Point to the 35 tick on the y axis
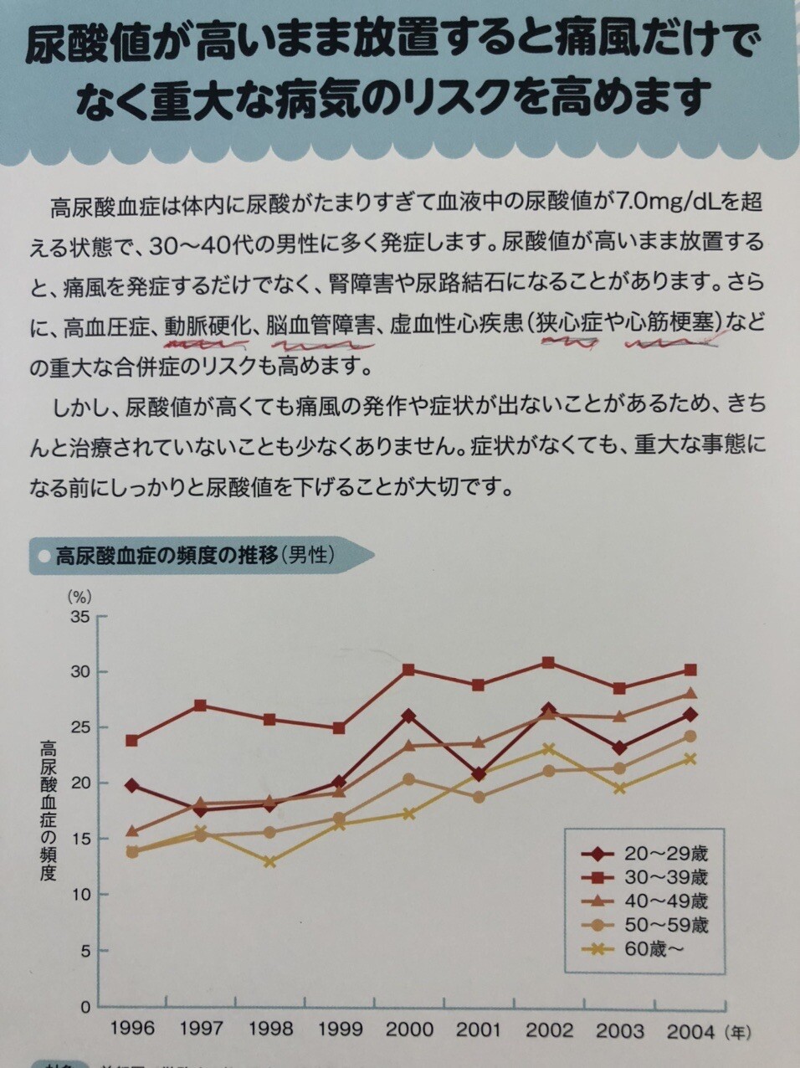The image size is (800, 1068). [80, 617]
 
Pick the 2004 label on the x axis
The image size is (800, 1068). [691, 1029]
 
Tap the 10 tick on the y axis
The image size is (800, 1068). [80, 895]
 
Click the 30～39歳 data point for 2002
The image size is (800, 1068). [548, 663]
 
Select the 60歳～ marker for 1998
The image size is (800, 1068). [269, 861]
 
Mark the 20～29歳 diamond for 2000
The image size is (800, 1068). [408, 716]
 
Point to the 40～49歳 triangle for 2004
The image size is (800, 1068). [690, 694]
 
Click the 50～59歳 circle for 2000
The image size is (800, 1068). [408, 779]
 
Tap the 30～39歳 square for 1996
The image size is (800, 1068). [131, 741]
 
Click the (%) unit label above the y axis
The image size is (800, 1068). [79, 597]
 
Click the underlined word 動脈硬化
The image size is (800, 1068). [208, 325]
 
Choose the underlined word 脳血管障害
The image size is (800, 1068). [320, 325]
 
